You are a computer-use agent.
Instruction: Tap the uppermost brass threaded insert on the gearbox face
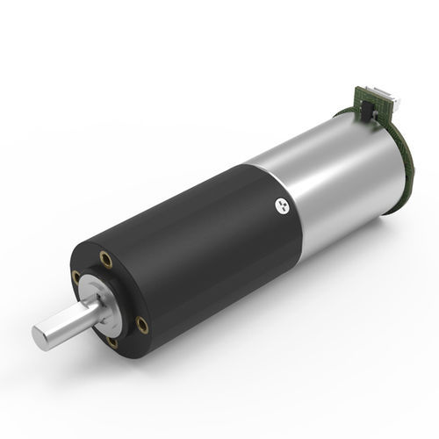click(106, 259)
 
